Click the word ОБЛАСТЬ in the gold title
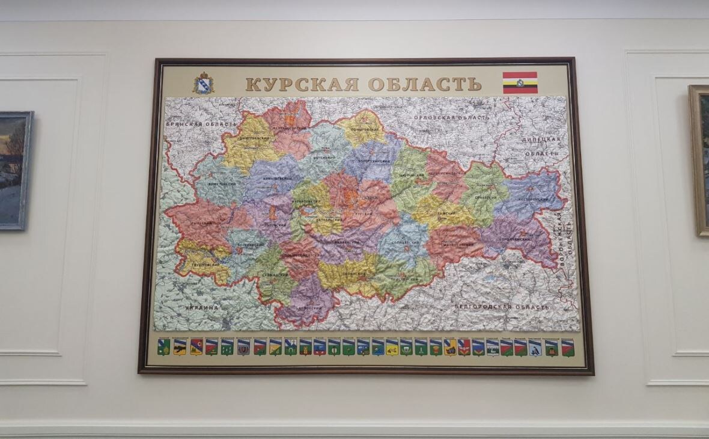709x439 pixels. point(425,84)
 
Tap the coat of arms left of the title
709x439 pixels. point(203,83)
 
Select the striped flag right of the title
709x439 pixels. point(520,83)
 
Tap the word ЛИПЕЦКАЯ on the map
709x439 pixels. point(543,140)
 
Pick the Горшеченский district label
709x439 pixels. point(515,239)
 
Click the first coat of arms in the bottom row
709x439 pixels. point(163,348)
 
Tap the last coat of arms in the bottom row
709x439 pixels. point(568,348)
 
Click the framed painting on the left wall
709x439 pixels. point(15,170)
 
